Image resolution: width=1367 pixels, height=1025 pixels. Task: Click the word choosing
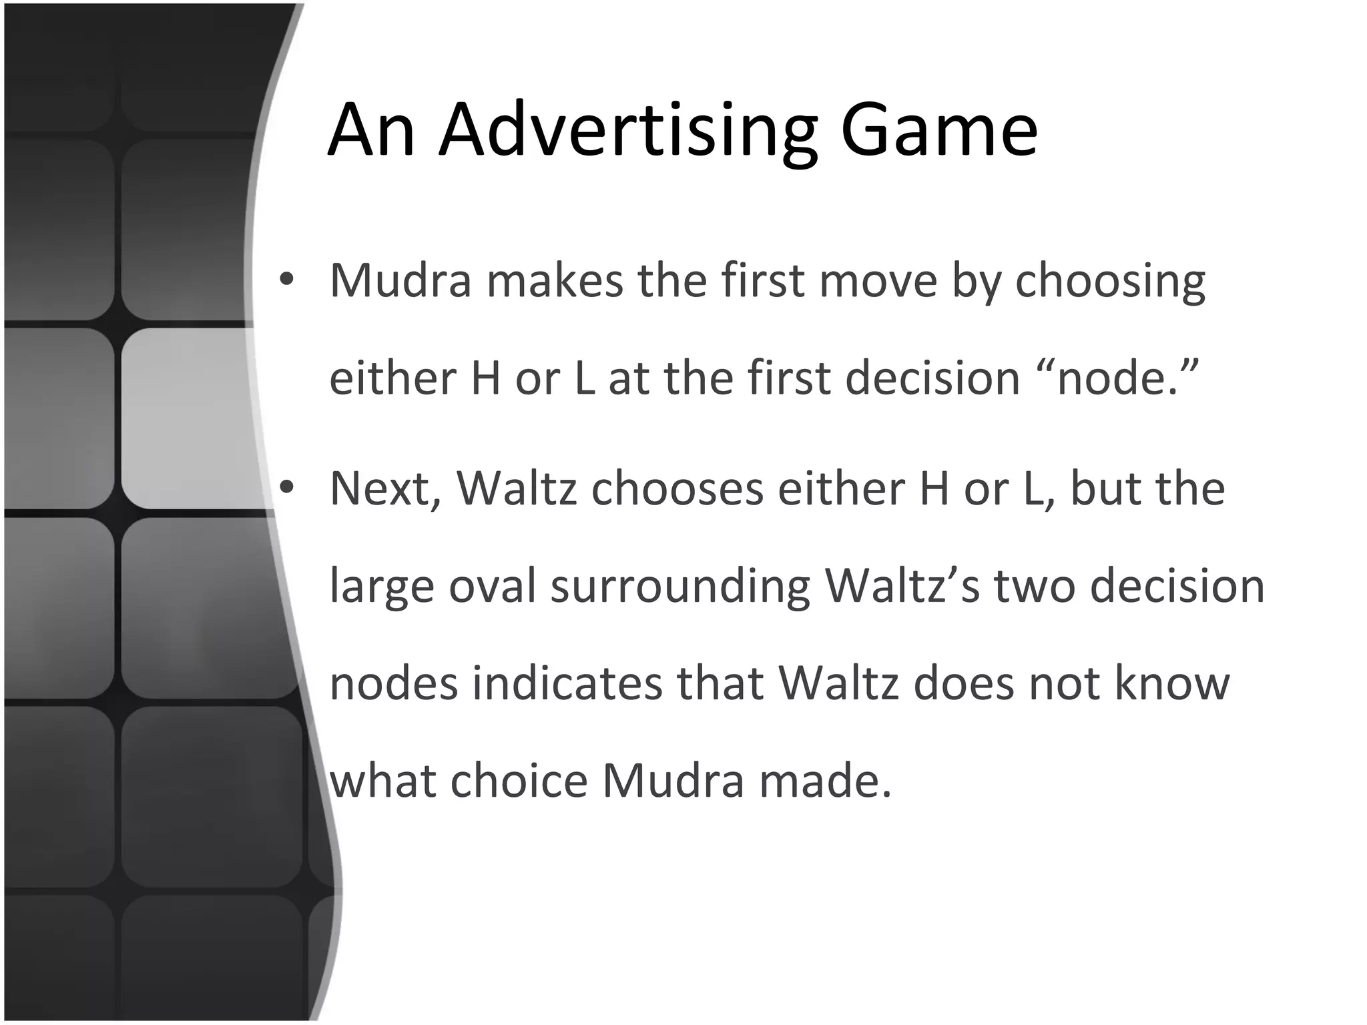tap(1110, 282)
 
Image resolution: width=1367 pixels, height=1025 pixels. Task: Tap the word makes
tap(555, 280)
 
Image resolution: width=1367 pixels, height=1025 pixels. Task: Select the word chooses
tap(677, 489)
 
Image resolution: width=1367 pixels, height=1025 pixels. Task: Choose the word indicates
tap(567, 683)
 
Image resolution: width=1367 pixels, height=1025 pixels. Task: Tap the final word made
tap(825, 781)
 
